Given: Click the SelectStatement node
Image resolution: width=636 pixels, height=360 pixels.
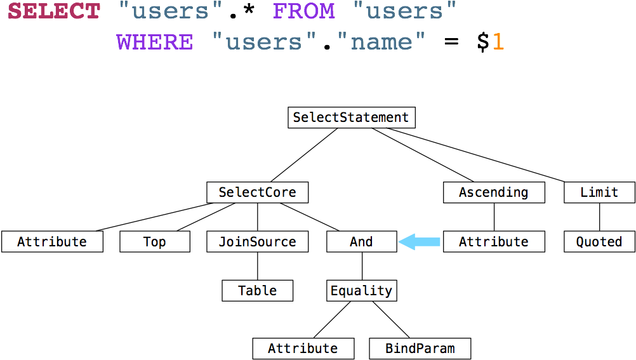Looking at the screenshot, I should (351, 117).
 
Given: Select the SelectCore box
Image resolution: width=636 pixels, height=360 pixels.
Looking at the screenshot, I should (257, 192).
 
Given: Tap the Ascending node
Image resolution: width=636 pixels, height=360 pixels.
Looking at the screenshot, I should (493, 192).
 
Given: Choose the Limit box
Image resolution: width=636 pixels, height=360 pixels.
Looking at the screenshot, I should (599, 192).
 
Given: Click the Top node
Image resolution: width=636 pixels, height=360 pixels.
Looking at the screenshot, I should (154, 242).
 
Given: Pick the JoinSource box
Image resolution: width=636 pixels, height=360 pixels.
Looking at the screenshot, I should (257, 242).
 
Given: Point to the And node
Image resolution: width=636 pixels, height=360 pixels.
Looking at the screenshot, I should (361, 242).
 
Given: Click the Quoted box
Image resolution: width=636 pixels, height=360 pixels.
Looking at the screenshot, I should (599, 242).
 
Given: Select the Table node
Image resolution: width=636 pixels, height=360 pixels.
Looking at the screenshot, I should (257, 291).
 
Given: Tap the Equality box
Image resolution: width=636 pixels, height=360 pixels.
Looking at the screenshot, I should (361, 291).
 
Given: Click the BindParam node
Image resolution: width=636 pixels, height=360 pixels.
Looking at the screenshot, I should (420, 348).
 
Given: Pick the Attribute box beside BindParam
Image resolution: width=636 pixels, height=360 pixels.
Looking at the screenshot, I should (303, 348).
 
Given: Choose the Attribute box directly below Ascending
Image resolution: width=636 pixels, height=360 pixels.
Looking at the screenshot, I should (493, 242).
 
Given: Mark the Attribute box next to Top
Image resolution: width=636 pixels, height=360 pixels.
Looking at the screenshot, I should (51, 242).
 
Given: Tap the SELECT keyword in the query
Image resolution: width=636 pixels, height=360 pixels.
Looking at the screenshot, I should (54, 11).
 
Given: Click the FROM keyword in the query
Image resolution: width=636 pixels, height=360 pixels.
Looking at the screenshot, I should (303, 11).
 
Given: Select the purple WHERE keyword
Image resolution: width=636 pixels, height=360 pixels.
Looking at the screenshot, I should (154, 42).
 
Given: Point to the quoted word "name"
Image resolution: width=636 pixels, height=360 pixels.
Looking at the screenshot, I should (381, 42).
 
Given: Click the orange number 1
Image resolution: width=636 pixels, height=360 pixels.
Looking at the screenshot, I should (498, 42).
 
